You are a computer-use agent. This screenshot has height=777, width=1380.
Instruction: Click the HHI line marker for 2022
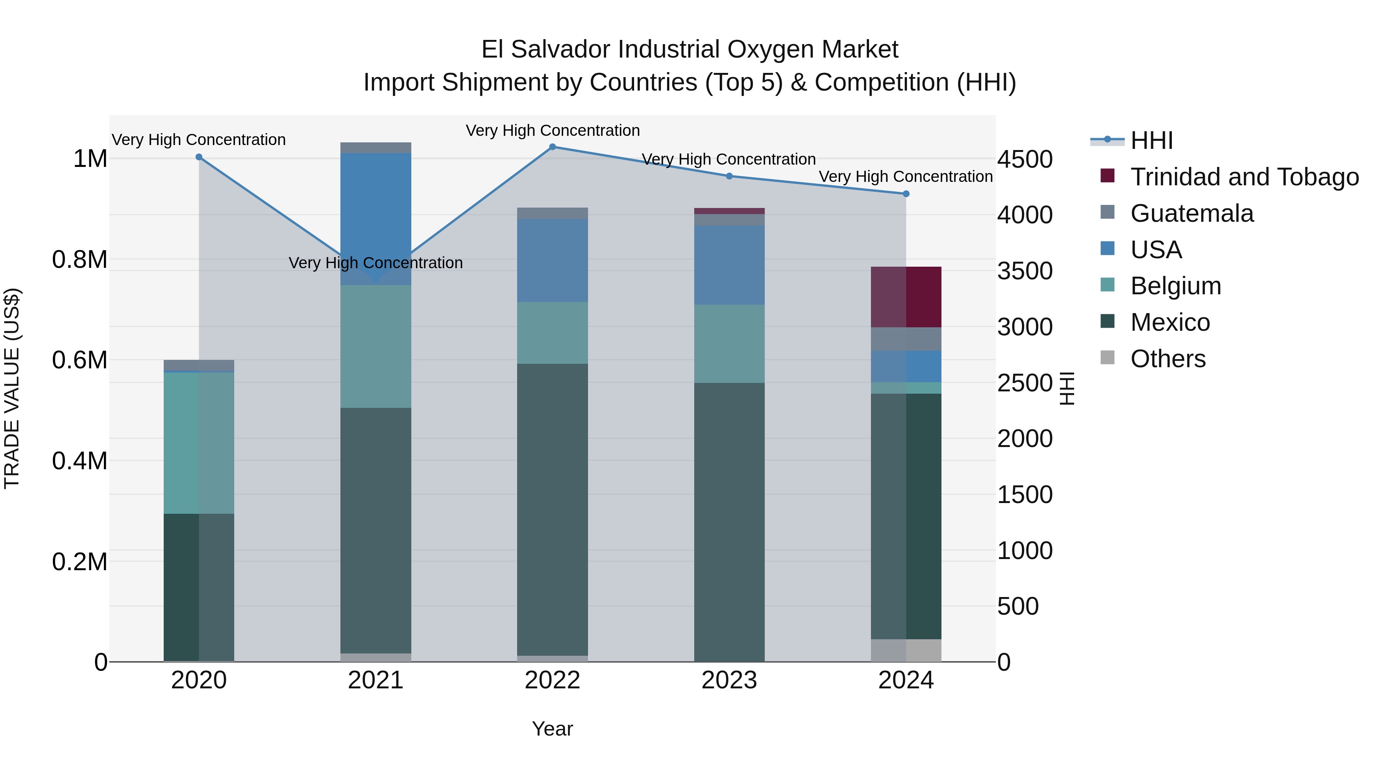pos(552,147)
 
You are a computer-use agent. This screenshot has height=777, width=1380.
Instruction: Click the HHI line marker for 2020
pos(199,157)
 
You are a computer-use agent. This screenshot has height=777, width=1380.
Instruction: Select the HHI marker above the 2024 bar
pos(906,194)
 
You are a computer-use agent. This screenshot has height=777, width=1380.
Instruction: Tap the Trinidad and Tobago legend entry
pos(1244,177)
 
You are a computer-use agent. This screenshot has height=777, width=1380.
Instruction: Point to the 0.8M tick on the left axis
pos(79,259)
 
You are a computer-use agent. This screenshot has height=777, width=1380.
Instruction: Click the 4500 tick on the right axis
pos(1024,159)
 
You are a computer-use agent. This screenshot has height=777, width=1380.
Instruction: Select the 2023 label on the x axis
pos(729,680)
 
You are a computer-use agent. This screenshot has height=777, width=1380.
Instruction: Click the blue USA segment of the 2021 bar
pos(376,214)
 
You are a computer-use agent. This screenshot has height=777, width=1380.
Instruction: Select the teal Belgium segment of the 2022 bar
pos(552,332)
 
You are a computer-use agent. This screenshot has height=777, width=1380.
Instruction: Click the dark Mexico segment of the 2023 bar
pos(729,520)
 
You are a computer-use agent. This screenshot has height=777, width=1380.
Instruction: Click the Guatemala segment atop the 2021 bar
pos(376,147)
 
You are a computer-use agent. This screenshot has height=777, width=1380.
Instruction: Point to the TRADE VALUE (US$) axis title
pos(12,388)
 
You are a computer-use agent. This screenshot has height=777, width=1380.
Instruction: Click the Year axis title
pos(552,729)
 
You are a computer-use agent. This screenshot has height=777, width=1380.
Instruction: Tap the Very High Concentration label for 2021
pos(376,263)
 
